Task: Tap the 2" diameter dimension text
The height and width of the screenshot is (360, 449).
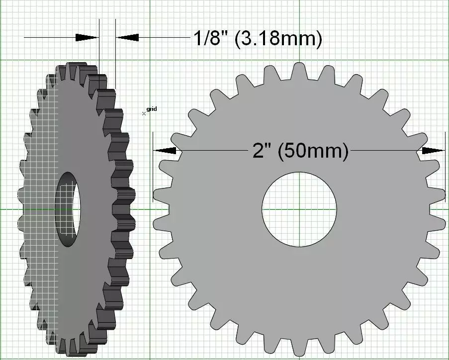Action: [262, 151]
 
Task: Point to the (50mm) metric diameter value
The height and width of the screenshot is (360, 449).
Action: [313, 151]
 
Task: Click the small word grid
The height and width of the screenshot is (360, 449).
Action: [152, 109]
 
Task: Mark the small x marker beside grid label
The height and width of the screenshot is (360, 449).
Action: [144, 113]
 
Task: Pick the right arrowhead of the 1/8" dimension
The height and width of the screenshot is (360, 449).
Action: [127, 37]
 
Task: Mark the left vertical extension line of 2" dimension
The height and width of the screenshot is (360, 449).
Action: [153, 169]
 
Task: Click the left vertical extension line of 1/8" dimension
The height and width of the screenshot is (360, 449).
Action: [99, 50]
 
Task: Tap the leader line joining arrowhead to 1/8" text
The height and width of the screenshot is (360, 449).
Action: [164, 37]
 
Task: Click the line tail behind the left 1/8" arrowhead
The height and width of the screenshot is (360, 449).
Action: [50, 37]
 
